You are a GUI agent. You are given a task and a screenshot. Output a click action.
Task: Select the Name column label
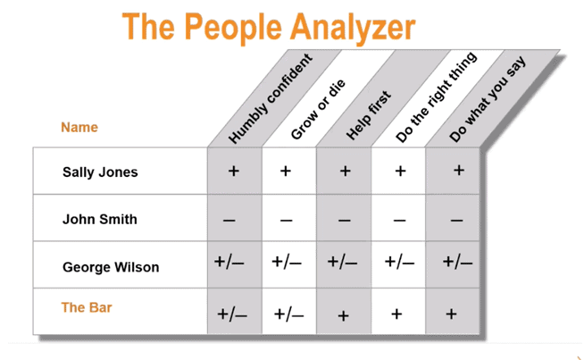click(x=79, y=127)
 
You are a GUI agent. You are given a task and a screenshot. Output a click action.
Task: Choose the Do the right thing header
click(x=436, y=98)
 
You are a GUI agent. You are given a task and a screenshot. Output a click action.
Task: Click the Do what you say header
click(x=489, y=99)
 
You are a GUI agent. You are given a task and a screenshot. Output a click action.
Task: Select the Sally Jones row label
click(x=100, y=172)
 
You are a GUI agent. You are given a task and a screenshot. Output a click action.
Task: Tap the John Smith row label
click(x=100, y=219)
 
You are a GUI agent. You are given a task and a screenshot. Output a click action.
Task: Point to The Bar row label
click(x=87, y=307)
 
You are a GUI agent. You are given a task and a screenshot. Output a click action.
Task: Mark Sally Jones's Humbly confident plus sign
click(x=234, y=171)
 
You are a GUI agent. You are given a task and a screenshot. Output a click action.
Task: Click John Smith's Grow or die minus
click(x=286, y=220)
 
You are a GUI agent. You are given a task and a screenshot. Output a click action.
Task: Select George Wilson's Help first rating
click(x=343, y=263)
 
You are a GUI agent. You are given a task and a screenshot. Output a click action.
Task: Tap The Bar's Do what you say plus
click(x=451, y=313)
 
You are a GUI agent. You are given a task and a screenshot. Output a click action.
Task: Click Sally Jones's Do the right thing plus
click(x=400, y=171)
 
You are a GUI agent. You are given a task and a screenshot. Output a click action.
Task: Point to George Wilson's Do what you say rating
click(x=457, y=263)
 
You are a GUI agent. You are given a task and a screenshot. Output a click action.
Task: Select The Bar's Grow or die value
click(x=288, y=314)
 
